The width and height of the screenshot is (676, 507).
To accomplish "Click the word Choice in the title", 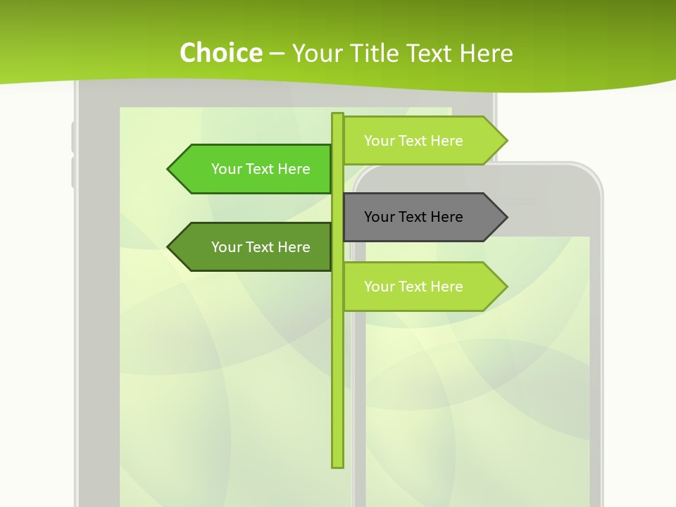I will click(220, 53).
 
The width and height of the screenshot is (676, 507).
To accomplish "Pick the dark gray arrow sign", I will click(423, 217).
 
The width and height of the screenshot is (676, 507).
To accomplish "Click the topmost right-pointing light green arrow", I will click(423, 141).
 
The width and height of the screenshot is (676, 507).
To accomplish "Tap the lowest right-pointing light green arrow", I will click(423, 287).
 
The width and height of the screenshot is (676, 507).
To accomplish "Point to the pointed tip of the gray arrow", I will click(506, 217).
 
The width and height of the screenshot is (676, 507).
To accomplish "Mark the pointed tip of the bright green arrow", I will click(169, 169).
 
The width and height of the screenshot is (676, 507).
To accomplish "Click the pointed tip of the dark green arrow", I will click(169, 247).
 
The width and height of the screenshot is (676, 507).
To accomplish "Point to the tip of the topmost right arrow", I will click(506, 141).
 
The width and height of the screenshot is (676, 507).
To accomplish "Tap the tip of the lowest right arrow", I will click(506, 287).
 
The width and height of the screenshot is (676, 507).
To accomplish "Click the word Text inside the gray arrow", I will click(413, 217).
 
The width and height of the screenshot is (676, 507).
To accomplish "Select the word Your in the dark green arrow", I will click(226, 247).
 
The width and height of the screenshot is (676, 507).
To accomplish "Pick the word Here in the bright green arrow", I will click(294, 169).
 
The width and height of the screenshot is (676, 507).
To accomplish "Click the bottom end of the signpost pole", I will click(337, 465).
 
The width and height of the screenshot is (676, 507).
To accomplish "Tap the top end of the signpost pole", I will click(337, 115).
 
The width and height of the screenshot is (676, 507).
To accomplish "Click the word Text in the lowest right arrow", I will click(413, 287).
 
